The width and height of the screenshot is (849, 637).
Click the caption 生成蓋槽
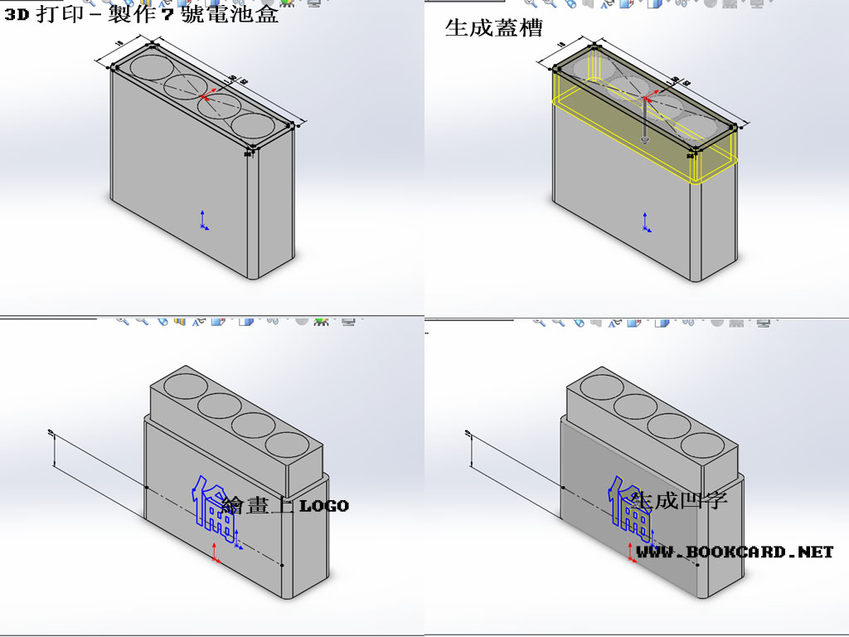click(x=493, y=29)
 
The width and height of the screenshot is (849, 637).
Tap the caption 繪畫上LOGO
click(x=285, y=505)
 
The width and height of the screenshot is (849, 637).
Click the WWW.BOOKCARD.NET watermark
click(x=735, y=552)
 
